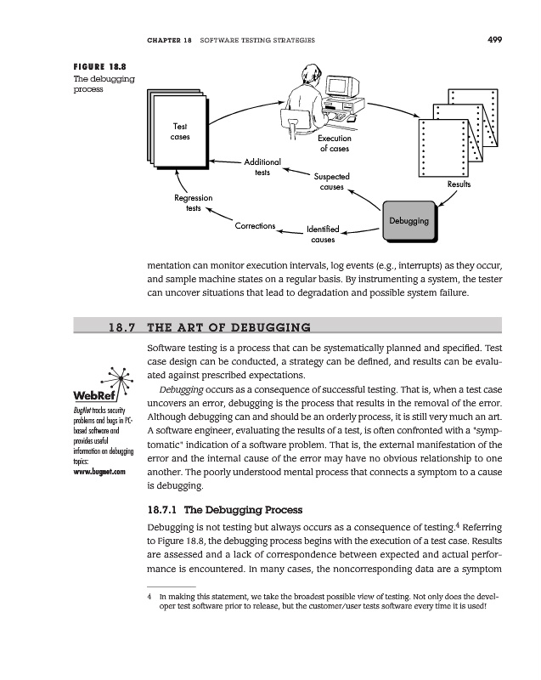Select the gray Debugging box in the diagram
click(x=408, y=221)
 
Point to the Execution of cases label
click(x=335, y=144)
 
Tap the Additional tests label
click(x=262, y=167)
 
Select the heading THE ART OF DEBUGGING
click(x=228, y=327)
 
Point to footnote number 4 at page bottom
click(x=149, y=598)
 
